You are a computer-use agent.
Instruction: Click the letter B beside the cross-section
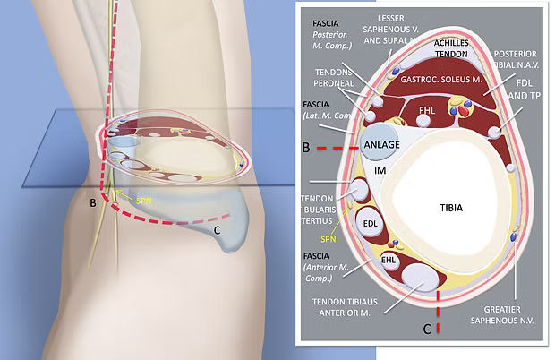tap(306, 145)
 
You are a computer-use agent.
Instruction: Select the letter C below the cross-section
tap(427, 330)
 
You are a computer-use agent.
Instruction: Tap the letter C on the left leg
tap(217, 230)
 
